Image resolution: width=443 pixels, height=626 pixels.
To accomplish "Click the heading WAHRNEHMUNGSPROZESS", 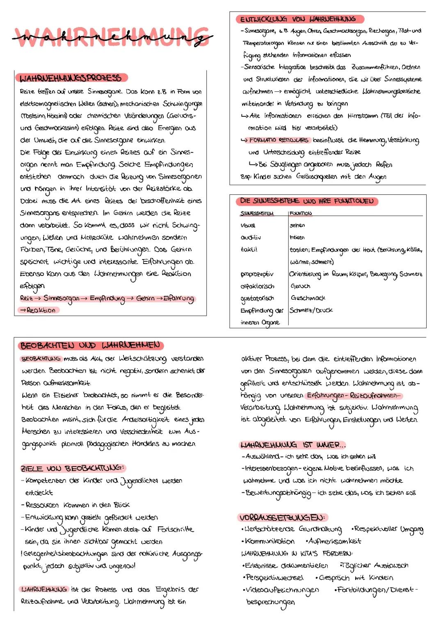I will pyautogui.click(x=71, y=78).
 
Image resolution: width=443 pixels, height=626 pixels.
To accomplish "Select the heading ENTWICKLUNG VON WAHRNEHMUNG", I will pyautogui.click(x=298, y=19).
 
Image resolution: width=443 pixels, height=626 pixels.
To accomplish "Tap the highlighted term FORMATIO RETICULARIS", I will pyautogui.click(x=279, y=140).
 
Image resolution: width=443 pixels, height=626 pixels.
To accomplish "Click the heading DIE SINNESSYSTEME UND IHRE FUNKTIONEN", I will pyautogui.click(x=307, y=201).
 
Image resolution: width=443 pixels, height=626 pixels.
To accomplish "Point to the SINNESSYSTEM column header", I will pyautogui.click(x=257, y=213).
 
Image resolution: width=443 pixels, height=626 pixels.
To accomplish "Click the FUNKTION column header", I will pyautogui.click(x=301, y=213).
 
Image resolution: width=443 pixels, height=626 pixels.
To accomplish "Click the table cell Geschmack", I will pyautogui.click(x=308, y=298).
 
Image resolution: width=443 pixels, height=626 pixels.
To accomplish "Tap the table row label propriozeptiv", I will pyautogui.click(x=257, y=274).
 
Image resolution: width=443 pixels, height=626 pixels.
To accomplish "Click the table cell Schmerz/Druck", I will pyautogui.click(x=311, y=310).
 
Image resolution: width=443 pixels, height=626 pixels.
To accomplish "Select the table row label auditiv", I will pyautogui.click(x=251, y=237).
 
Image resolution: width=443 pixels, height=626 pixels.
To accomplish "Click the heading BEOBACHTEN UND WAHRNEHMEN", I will pyautogui.click(x=90, y=345).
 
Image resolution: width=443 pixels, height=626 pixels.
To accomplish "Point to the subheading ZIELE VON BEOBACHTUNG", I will pyautogui.click(x=72, y=468).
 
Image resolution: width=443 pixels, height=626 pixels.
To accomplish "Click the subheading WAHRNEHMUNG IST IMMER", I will pyautogui.click(x=292, y=445).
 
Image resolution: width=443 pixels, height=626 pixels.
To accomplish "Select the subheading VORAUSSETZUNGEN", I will pyautogui.click(x=282, y=517).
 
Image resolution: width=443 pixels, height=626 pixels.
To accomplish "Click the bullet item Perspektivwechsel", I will pyautogui.click(x=274, y=578).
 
